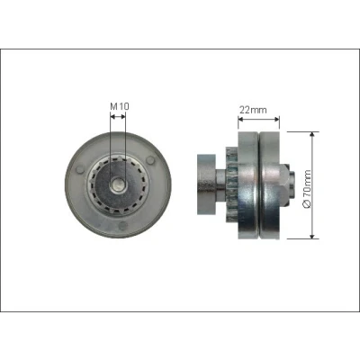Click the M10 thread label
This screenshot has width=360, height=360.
120,106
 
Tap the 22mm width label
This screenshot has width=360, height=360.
253,110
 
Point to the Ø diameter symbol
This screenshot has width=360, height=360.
308,204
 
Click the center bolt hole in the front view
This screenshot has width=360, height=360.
118,184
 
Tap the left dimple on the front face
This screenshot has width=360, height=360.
80,169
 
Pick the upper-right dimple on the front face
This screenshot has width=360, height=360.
151,160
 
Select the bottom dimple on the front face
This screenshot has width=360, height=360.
123,226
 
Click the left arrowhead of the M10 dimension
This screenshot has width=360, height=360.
112,116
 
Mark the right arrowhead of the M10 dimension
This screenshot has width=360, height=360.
123,116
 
